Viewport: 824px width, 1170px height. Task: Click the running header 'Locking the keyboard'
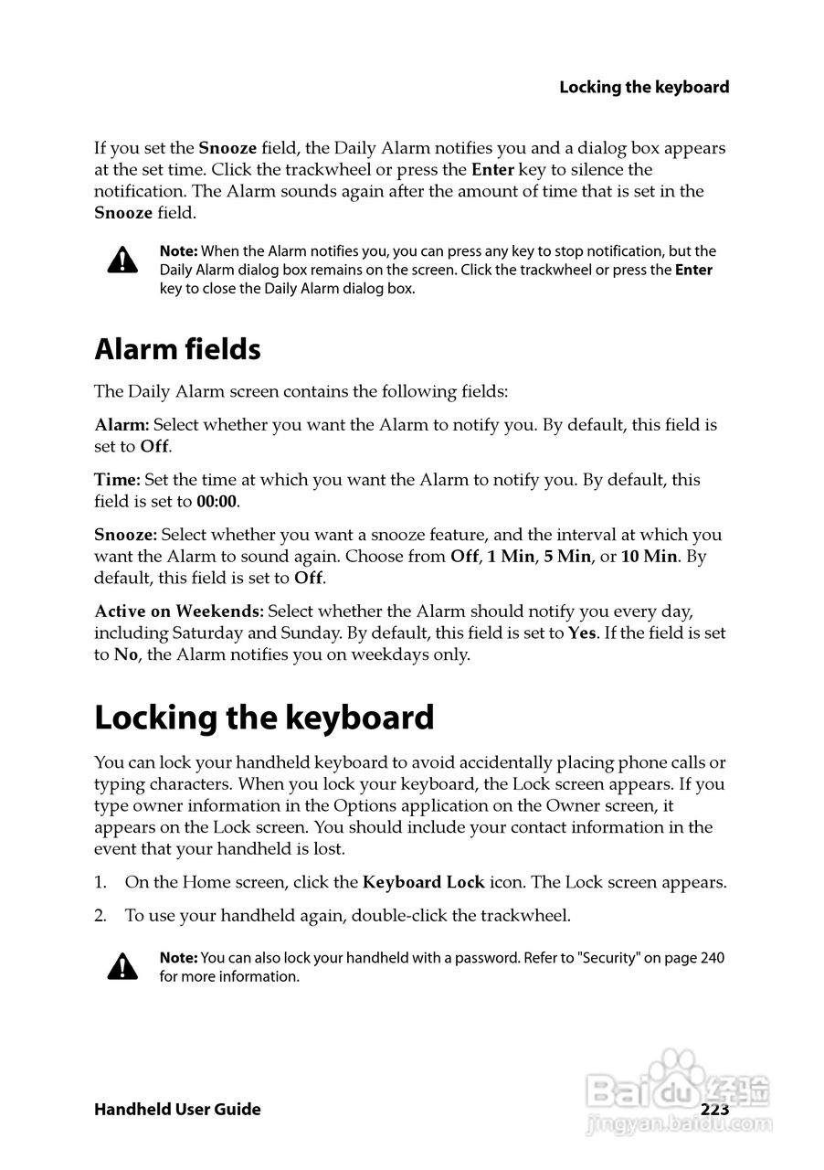click(x=644, y=88)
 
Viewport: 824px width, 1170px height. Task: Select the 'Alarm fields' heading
click(x=177, y=349)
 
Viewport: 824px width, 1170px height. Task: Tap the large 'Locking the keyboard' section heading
click(x=264, y=718)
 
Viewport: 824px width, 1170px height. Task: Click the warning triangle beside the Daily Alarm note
click(x=122, y=261)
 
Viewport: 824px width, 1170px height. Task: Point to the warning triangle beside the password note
click(x=122, y=966)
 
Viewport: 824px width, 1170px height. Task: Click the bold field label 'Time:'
click(x=117, y=480)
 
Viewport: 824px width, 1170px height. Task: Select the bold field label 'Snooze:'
click(x=126, y=535)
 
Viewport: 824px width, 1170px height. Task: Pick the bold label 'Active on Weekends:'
click(x=179, y=611)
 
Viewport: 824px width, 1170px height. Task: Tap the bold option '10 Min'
click(x=649, y=557)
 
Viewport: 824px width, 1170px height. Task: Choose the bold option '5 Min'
click(x=567, y=557)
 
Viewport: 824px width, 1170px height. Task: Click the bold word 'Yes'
click(x=582, y=633)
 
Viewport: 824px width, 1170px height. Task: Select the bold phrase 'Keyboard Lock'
click(x=424, y=883)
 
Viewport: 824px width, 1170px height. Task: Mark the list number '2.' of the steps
click(x=101, y=916)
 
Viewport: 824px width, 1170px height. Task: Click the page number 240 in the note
click(x=713, y=959)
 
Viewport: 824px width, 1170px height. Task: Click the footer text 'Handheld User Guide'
click(x=177, y=1110)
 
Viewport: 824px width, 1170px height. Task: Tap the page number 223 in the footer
click(x=714, y=1110)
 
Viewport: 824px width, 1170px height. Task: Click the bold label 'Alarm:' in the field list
click(x=121, y=425)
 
